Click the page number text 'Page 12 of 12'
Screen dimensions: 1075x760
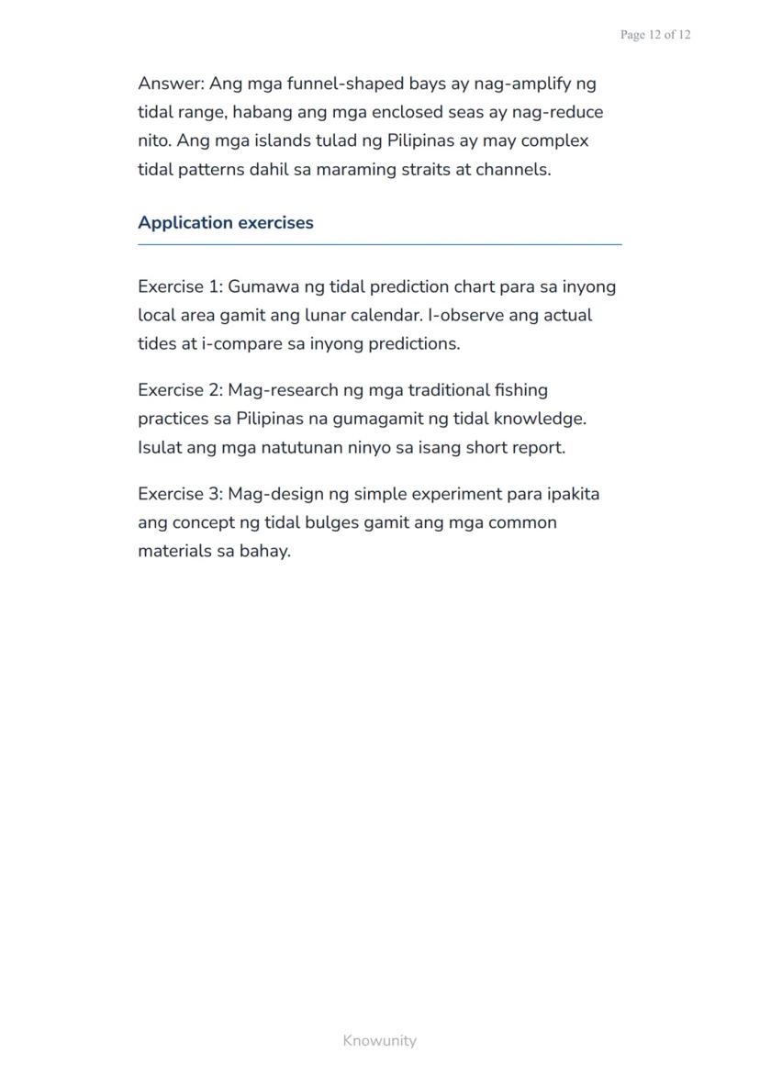tap(654, 35)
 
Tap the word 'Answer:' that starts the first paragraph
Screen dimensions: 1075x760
tap(171, 84)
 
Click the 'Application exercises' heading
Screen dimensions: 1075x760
tap(225, 223)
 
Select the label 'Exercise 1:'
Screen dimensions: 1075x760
tap(180, 286)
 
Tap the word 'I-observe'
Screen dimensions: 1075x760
tap(467, 315)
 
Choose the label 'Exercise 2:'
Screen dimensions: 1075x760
tap(180, 390)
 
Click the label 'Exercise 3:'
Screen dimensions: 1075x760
tap(180, 494)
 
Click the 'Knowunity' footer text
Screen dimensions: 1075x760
tap(379, 1041)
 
